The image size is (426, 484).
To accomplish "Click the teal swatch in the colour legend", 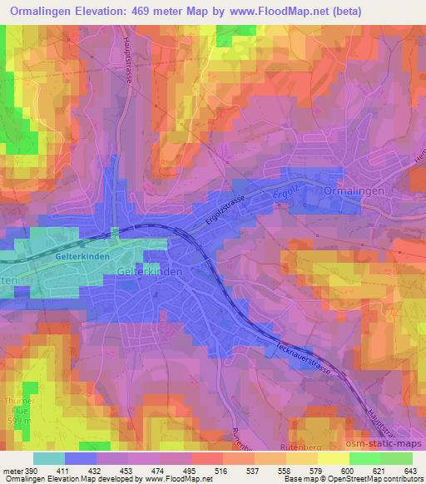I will tap(48, 457).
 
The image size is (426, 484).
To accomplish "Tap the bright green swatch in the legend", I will tap(364, 457).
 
